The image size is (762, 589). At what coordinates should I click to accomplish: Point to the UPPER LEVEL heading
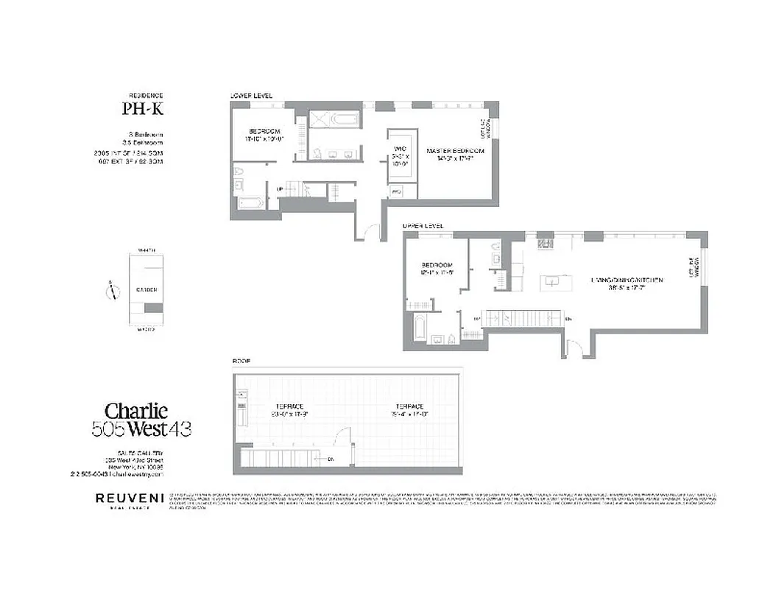coord(422,226)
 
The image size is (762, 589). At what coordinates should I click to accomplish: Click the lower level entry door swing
coord(366,230)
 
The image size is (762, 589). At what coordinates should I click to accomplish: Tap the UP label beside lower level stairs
coord(280,189)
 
